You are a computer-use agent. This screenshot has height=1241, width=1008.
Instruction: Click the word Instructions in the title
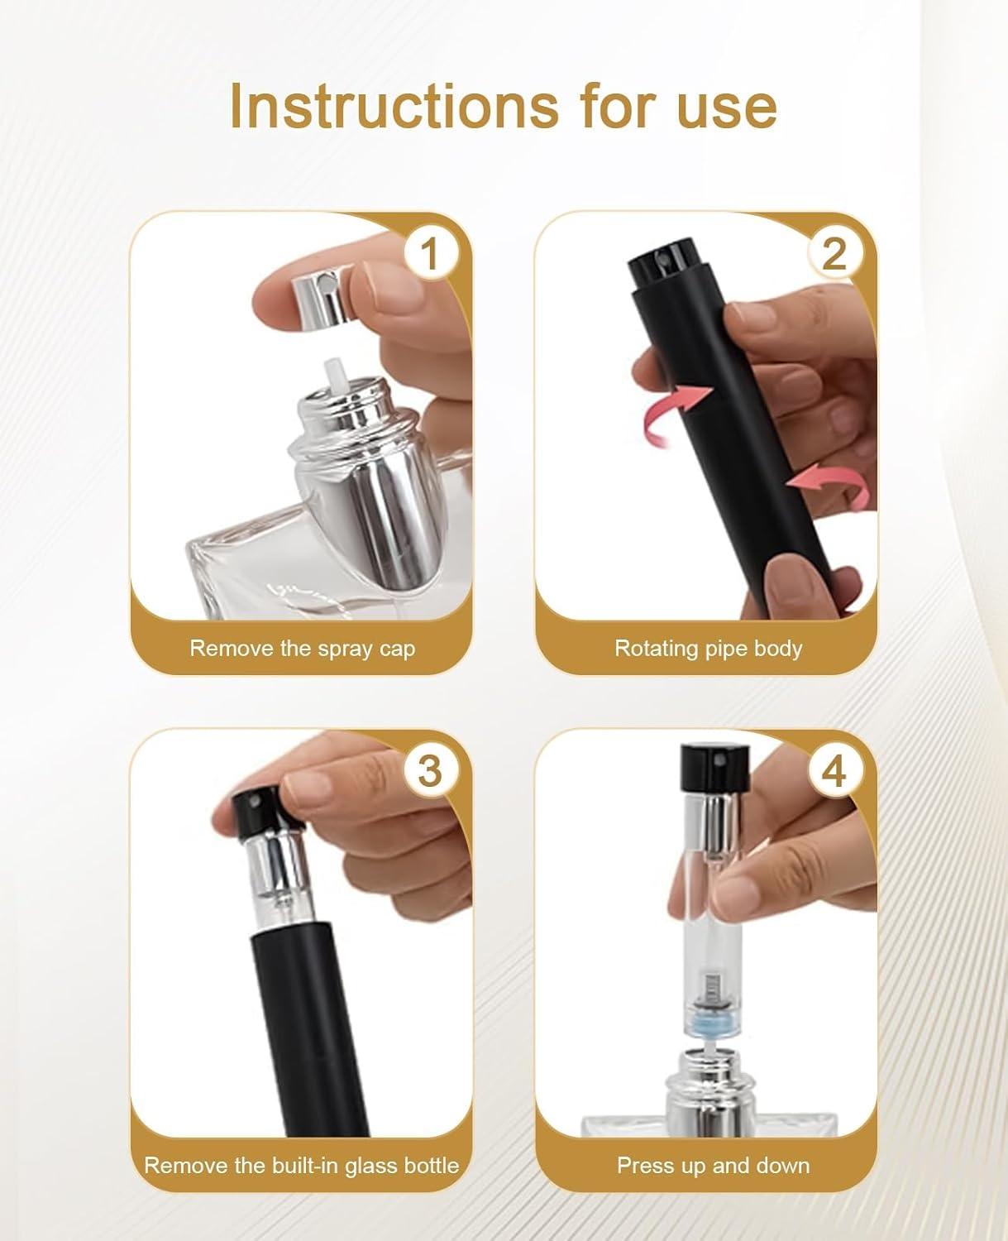tap(393, 106)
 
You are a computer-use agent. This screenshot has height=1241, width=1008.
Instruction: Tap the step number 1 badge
tap(429, 254)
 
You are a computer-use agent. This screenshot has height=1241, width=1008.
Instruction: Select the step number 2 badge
tap(834, 254)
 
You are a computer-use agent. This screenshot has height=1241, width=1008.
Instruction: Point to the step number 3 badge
tap(429, 771)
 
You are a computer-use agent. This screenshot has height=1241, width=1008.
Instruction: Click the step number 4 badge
tap(834, 771)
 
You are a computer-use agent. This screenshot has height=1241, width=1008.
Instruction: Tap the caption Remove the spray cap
tap(302, 648)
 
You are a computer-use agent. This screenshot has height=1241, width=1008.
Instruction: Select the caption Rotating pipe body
tap(708, 648)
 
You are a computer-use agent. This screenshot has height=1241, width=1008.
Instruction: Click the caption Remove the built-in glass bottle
tap(301, 1165)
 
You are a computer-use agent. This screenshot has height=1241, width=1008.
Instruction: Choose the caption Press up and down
tap(713, 1165)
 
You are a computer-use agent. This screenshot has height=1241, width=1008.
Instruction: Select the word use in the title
tap(727, 106)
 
